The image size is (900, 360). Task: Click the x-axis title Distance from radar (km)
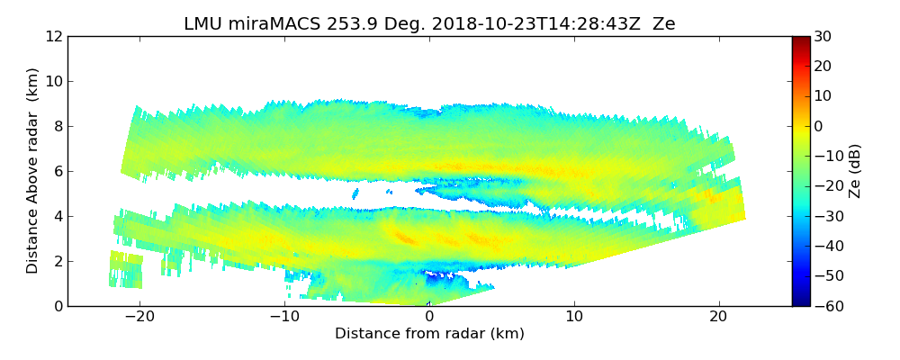(x=429, y=334)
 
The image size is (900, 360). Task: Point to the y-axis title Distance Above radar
(x=33, y=171)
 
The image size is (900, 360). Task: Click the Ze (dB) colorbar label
(x=855, y=171)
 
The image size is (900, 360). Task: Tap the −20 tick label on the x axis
(x=139, y=317)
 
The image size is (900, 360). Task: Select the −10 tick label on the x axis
(x=284, y=317)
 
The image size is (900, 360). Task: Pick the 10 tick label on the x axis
(x=574, y=317)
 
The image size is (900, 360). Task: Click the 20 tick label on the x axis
(x=718, y=317)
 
